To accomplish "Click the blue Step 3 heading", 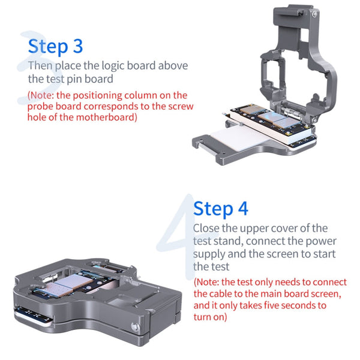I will coord(55,46).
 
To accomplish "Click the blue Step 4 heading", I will coord(220,208).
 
